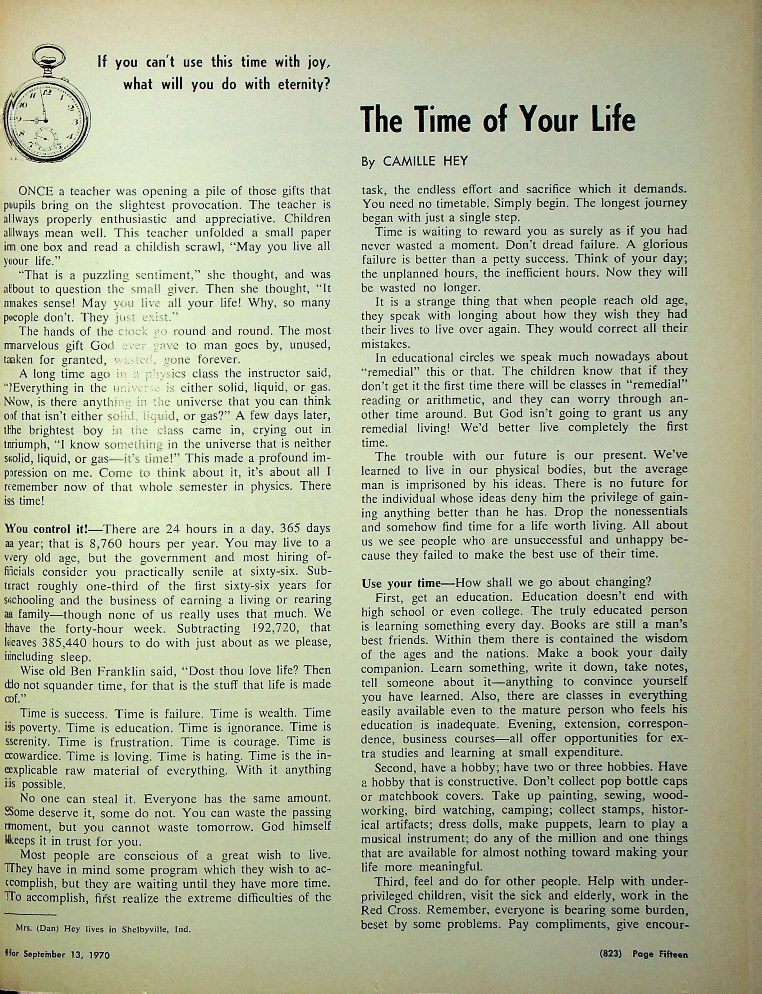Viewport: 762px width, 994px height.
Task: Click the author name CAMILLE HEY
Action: (x=425, y=162)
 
